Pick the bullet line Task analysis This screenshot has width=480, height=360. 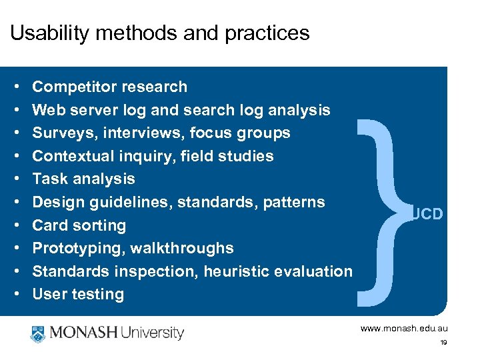pos(83,179)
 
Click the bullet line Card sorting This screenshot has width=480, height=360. pos(79,225)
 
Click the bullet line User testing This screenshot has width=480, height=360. pos(78,294)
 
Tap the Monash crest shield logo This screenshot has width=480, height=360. pos(37,333)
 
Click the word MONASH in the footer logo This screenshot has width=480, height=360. pos(83,333)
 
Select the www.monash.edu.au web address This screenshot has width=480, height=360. pos(404,329)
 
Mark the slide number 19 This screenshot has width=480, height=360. pos(443,343)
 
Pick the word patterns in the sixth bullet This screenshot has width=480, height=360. pos(296,202)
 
